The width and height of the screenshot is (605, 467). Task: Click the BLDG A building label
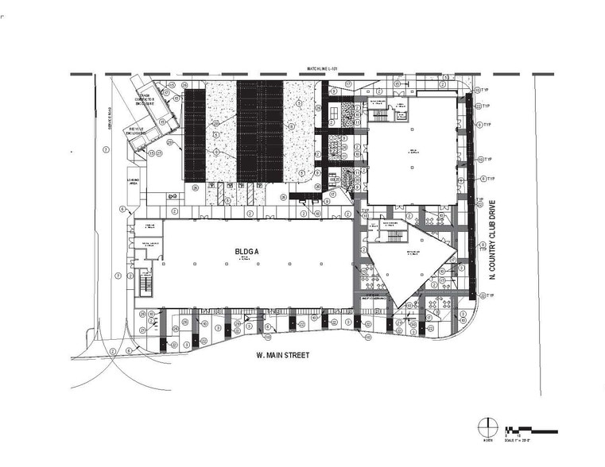click(x=245, y=253)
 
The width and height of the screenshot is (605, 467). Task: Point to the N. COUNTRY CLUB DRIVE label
click(x=494, y=238)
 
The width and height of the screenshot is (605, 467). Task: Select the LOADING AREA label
click(x=133, y=182)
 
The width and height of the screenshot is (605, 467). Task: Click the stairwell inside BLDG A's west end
click(x=145, y=282)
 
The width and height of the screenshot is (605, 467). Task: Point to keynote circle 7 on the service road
click(x=117, y=276)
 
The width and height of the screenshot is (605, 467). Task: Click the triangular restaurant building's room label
click(x=413, y=254)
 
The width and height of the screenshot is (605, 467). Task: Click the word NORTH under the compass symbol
click(x=485, y=438)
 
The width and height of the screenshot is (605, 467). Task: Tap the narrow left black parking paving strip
click(x=195, y=135)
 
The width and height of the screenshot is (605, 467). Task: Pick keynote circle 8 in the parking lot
click(x=214, y=151)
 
